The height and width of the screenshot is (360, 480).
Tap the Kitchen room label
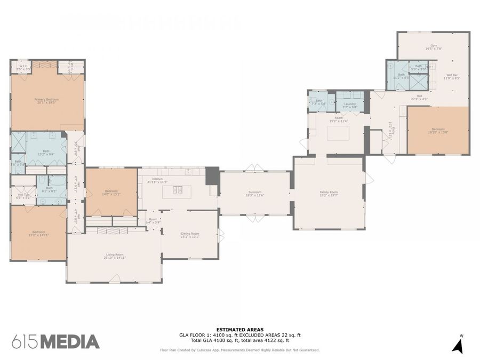(157, 180)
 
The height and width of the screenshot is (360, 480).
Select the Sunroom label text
(254, 194)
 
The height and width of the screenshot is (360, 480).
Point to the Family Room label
(329, 193)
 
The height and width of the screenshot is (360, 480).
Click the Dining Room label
(190, 235)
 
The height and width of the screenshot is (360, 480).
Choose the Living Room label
(114, 256)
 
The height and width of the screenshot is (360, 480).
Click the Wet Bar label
(452, 76)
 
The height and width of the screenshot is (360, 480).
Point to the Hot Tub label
(23, 196)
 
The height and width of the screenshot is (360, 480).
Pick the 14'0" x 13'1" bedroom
(111, 193)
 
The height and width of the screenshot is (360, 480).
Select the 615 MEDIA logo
(55, 341)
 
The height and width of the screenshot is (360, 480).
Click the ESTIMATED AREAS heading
(239, 330)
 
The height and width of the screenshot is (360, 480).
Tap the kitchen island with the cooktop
(177, 189)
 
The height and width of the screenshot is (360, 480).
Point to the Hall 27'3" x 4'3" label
(420, 97)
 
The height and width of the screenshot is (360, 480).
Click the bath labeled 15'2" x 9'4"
(46, 153)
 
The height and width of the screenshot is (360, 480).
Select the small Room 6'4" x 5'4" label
(153, 220)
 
